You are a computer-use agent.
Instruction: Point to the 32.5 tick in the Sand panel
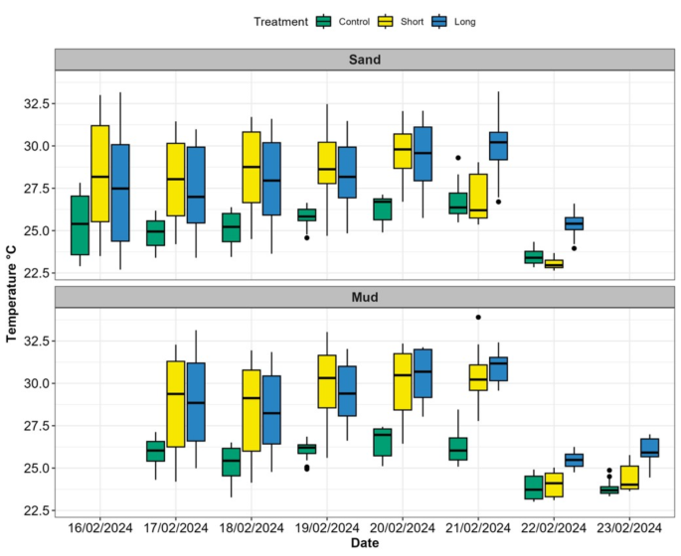[35, 103]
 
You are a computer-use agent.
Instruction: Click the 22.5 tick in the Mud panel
[35, 510]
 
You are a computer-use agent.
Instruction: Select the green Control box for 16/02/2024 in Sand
[80, 225]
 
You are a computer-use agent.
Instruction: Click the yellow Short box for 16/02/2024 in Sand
[99, 174]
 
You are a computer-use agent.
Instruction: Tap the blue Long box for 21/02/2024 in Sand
[497, 146]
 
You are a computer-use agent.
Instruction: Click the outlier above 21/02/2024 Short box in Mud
[478, 318]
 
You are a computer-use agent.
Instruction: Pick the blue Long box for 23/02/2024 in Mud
[649, 448]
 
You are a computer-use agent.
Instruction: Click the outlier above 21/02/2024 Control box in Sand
[458, 158]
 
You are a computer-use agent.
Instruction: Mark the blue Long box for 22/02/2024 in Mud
[574, 460]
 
